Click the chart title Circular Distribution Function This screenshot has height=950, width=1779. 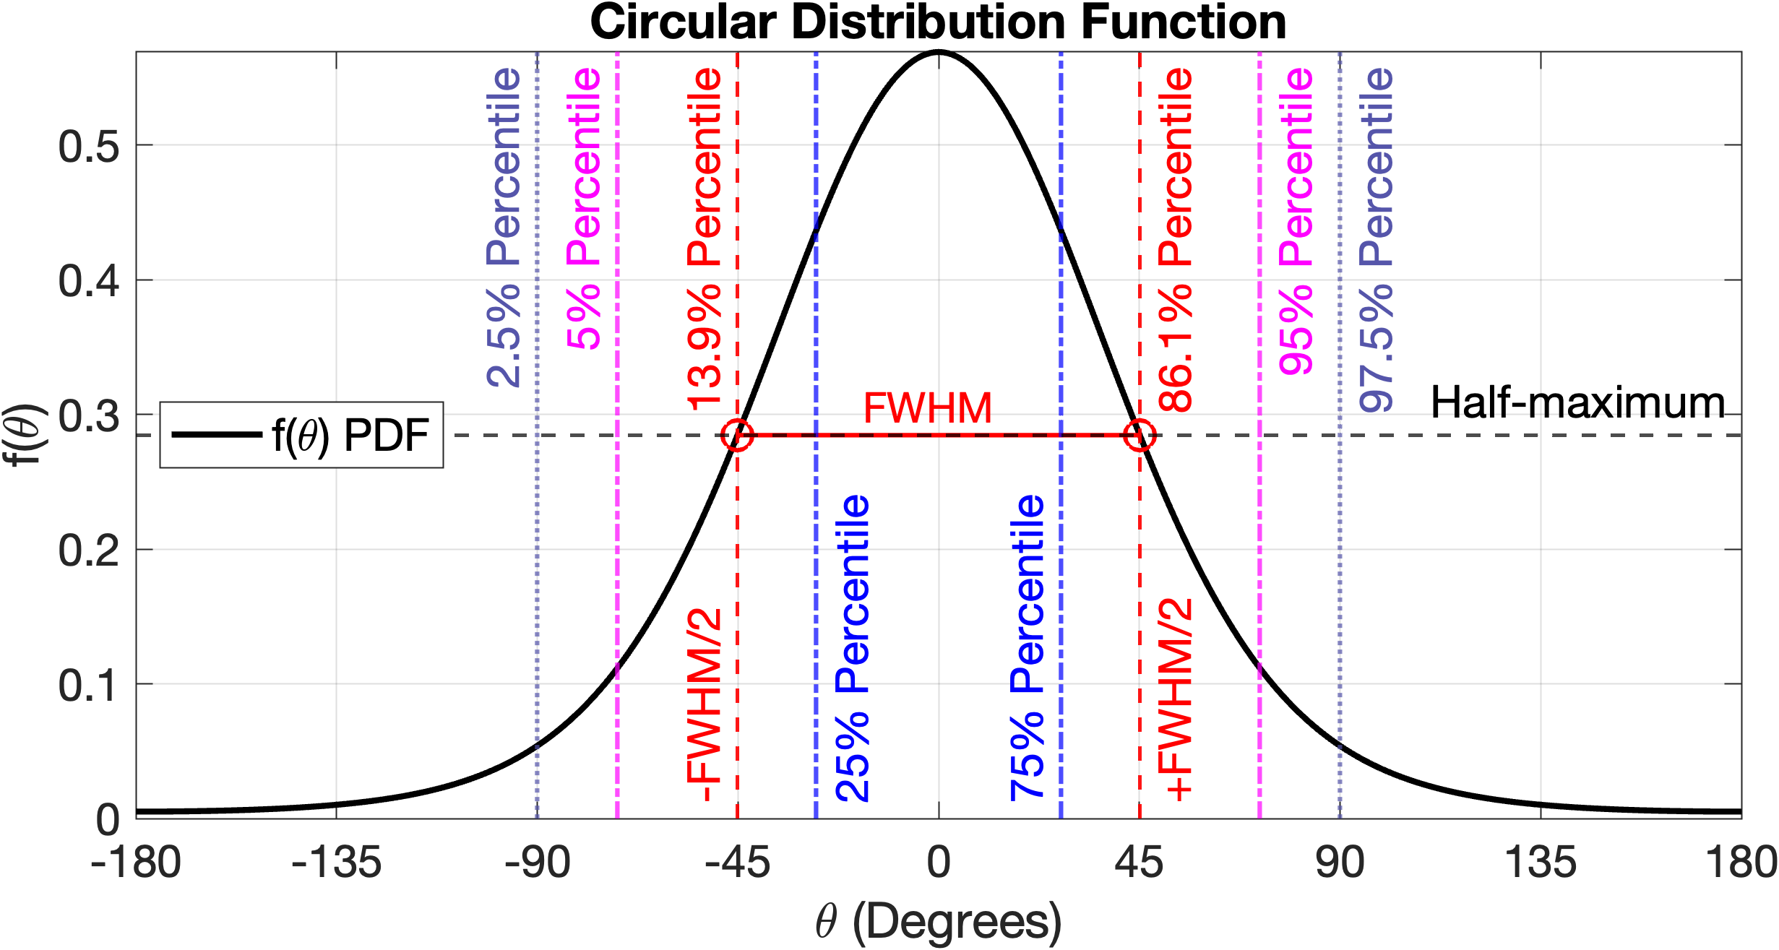click(x=938, y=22)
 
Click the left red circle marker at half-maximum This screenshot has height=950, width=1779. click(x=737, y=436)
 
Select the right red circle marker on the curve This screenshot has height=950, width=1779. click(x=1140, y=436)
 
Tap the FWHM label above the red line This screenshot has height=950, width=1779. click(x=928, y=408)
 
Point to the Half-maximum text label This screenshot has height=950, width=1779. click(x=1577, y=402)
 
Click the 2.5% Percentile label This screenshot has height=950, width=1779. click(x=504, y=228)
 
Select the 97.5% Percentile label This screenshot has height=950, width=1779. click(x=1376, y=240)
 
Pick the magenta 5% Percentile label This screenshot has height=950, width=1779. click(x=584, y=210)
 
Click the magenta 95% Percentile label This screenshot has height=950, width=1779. click(x=1296, y=221)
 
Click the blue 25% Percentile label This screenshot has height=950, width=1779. click(x=853, y=648)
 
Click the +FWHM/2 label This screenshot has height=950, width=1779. click(x=1175, y=700)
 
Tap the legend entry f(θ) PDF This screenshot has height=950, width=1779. click(x=301, y=435)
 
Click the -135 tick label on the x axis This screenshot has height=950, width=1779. click(x=336, y=863)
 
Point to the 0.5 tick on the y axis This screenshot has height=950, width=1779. click(x=88, y=147)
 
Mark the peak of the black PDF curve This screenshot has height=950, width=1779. click(x=938, y=52)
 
